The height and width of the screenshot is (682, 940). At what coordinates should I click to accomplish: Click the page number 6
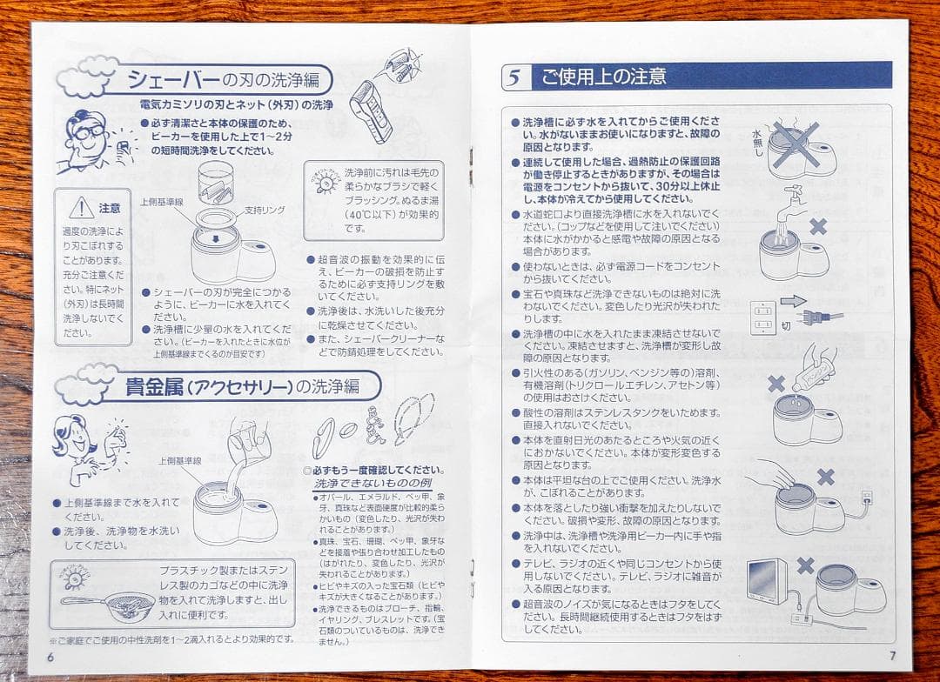[x=50, y=656]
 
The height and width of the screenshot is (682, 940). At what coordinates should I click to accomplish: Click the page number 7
[x=892, y=655]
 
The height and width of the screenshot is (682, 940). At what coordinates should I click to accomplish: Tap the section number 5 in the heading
[x=514, y=77]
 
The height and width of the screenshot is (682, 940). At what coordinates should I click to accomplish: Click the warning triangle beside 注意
[x=81, y=208]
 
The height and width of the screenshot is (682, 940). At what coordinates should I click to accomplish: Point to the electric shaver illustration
[x=371, y=108]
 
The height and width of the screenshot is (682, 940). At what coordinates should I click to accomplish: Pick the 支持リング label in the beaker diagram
[x=265, y=210]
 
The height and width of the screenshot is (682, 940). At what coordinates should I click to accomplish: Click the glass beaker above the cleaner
[x=218, y=183]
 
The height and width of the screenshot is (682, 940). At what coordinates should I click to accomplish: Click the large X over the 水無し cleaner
[x=796, y=144]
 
